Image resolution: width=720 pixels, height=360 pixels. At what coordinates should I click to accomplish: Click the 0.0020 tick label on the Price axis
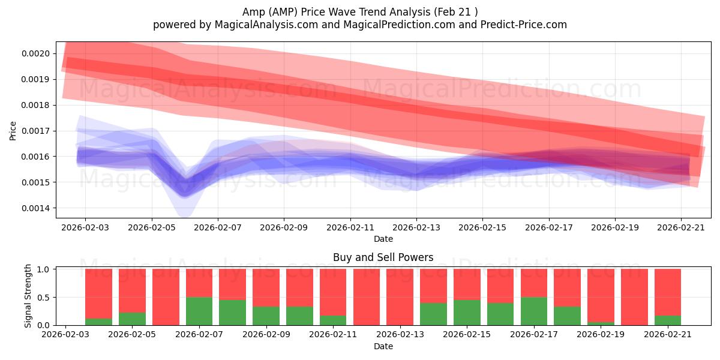pos(35,53)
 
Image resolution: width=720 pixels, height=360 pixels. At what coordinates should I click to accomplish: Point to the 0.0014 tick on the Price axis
pos(35,208)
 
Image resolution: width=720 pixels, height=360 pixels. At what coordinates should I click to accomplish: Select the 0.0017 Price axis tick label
pos(35,131)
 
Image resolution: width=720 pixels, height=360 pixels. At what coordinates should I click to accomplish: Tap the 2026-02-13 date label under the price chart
pos(416,227)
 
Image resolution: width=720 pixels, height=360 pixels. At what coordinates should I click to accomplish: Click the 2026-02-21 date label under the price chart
pos(681,227)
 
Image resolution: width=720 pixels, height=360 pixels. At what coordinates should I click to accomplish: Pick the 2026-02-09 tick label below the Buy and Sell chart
pos(266,334)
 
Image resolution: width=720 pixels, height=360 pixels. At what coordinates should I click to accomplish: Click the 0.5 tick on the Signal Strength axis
pos(43,298)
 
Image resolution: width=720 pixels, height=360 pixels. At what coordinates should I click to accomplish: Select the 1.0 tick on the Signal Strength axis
pos(43,269)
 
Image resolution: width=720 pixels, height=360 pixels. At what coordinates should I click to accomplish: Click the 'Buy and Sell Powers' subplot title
pos(383,257)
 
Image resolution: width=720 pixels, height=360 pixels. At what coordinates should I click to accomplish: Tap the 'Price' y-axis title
pos(13,131)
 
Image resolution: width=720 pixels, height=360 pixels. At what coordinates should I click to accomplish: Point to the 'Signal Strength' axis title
pos(28,296)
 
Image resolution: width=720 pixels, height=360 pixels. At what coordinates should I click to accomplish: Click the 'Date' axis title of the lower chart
pos(383,346)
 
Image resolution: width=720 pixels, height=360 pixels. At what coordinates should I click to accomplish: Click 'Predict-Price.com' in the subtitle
pos(524,25)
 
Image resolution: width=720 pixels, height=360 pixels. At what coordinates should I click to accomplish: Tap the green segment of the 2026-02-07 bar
pos(199,311)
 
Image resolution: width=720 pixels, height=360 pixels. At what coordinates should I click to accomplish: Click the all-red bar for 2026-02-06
pos(166,297)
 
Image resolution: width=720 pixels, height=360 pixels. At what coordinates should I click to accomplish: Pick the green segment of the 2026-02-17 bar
pos(534,311)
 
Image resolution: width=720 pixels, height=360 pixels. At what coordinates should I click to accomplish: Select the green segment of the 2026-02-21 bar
pos(668,320)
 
